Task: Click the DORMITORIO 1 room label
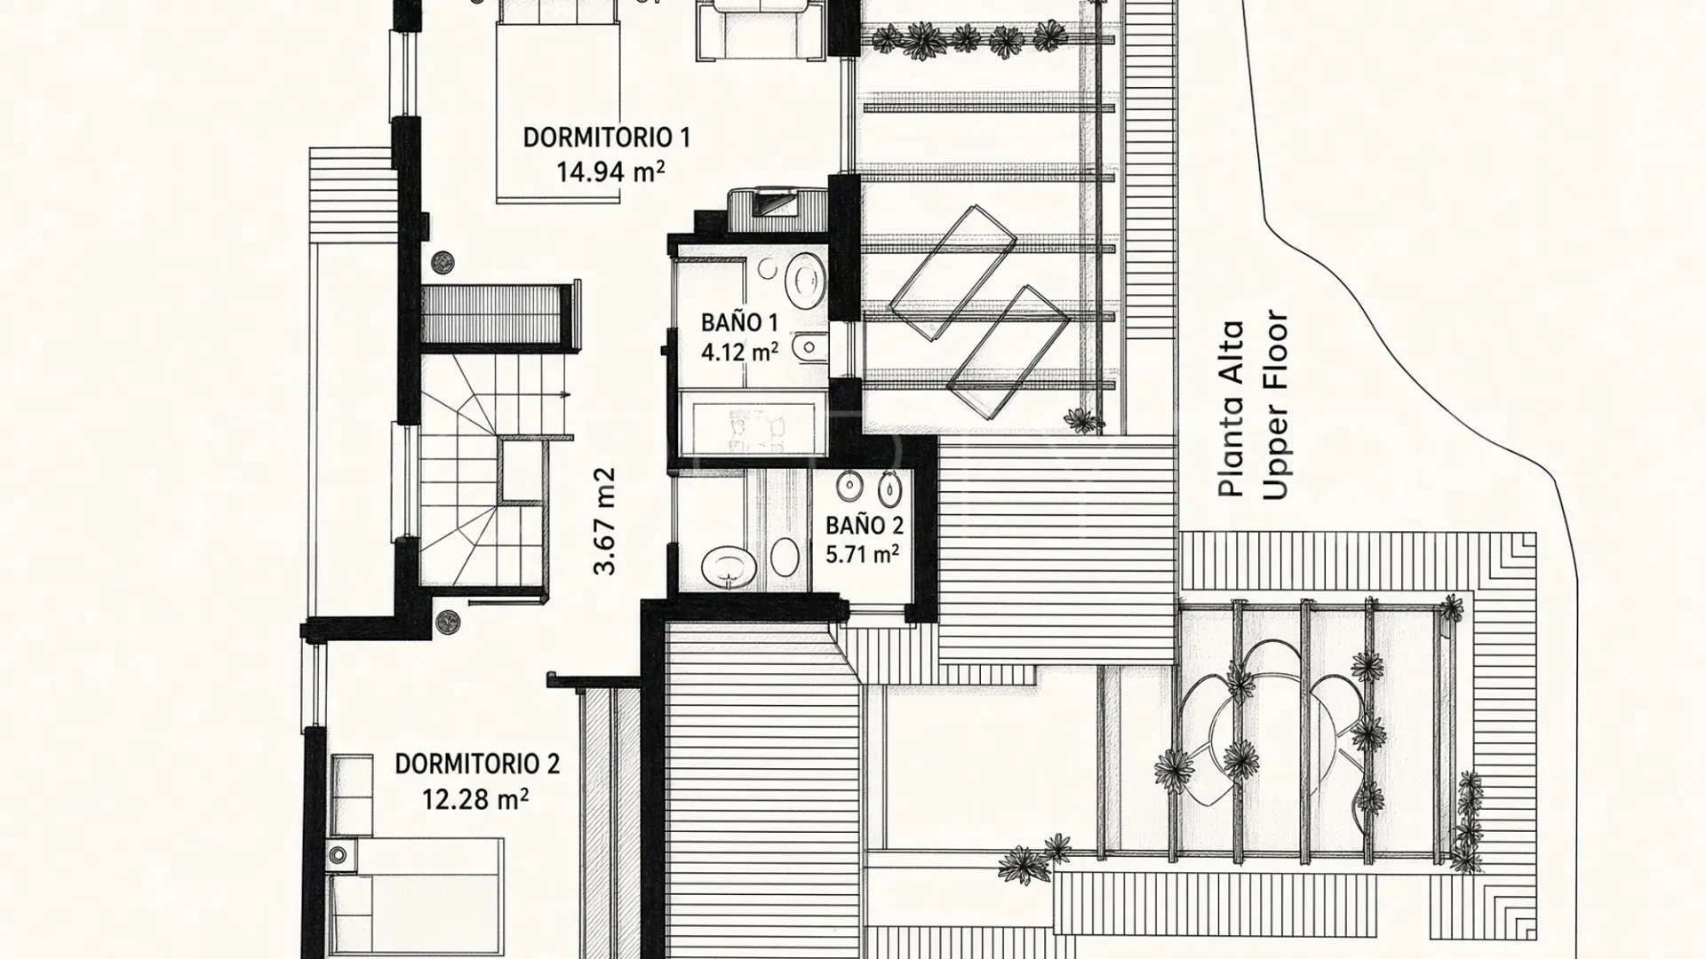(x=606, y=138)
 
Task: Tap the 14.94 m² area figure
(x=610, y=170)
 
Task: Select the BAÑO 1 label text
(x=739, y=322)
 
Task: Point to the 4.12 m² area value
(x=739, y=353)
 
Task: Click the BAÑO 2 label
(x=865, y=525)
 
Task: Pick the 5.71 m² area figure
(x=862, y=555)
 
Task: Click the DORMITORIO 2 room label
(x=477, y=764)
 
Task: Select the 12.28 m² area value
(x=475, y=799)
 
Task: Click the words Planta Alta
(x=1232, y=409)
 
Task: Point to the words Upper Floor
(x=1275, y=404)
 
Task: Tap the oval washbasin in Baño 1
(x=806, y=279)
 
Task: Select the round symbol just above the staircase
(x=442, y=262)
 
